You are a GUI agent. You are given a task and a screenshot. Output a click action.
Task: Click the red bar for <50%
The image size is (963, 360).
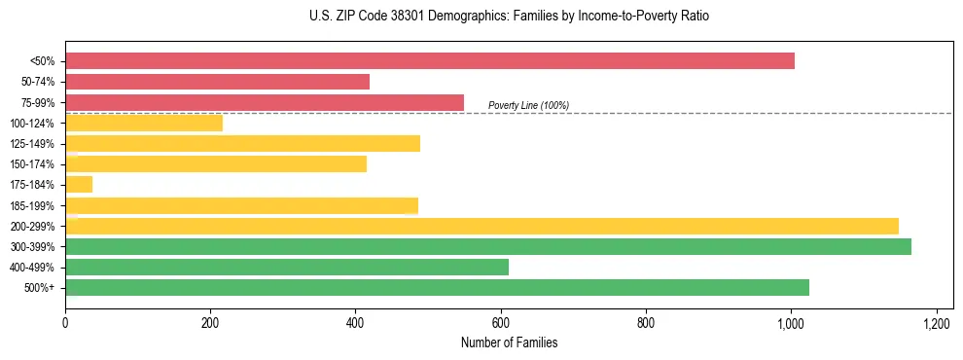tap(429, 61)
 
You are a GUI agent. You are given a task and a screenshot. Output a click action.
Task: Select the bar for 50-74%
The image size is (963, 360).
tap(217, 82)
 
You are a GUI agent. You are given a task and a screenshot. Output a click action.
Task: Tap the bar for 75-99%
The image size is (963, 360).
tap(264, 102)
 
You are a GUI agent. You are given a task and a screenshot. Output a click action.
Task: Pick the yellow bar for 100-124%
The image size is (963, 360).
tap(143, 123)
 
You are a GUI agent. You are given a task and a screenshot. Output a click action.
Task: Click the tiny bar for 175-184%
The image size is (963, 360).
tap(79, 184)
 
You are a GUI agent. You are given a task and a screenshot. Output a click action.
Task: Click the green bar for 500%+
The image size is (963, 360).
tap(437, 287)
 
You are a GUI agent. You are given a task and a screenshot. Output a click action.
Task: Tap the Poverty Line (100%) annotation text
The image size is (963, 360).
tap(528, 105)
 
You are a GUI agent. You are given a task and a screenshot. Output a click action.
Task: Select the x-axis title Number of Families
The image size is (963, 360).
tap(509, 343)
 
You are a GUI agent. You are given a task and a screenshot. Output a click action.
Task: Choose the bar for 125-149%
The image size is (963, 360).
tap(242, 143)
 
